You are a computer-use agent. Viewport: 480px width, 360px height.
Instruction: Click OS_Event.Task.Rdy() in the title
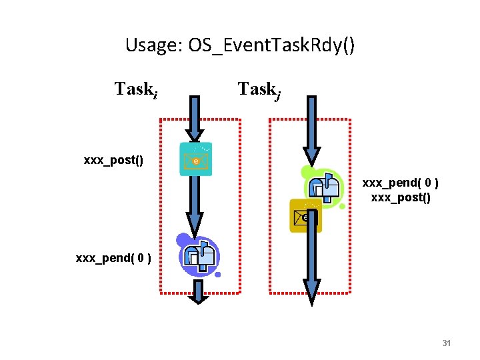pyautogui.click(x=272, y=46)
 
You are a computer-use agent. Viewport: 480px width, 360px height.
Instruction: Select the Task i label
pyautogui.click(x=136, y=89)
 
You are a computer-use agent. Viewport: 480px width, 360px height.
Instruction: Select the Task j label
pyautogui.click(x=259, y=89)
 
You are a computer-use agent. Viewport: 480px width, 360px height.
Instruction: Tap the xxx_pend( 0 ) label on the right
pyautogui.click(x=400, y=182)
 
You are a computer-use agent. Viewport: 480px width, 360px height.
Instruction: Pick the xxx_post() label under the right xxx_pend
pyautogui.click(x=400, y=197)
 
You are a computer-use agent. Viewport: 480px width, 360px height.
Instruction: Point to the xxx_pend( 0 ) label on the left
pyautogui.click(x=113, y=257)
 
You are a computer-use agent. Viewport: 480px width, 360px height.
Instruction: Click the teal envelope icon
pyautogui.click(x=196, y=159)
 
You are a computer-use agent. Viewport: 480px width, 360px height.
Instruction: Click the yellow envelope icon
pyautogui.click(x=305, y=216)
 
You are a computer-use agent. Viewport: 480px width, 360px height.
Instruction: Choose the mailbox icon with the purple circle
pyautogui.click(x=198, y=253)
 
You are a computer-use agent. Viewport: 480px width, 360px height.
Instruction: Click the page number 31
pyautogui.click(x=447, y=343)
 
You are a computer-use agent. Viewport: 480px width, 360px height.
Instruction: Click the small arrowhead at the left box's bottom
pyautogui.click(x=198, y=297)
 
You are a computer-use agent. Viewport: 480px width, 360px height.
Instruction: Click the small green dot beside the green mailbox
pyautogui.click(x=342, y=207)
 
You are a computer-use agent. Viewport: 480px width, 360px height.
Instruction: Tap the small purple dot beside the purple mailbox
pyautogui.click(x=217, y=274)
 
